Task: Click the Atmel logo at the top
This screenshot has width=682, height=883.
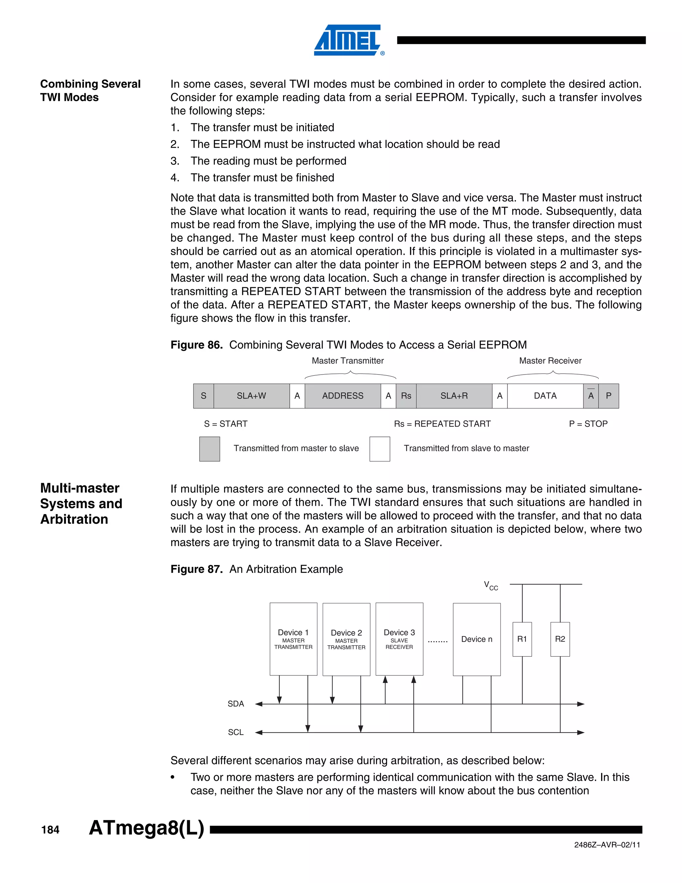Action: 348,40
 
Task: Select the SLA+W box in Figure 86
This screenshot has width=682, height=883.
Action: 251,396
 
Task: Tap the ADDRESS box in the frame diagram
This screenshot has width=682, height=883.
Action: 343,396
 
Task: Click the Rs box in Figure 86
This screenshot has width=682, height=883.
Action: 406,396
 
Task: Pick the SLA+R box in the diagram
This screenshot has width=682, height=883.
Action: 454,396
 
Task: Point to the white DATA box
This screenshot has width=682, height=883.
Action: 545,396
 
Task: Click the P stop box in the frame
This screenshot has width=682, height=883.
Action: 608,396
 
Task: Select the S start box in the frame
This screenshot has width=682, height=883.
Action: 203,396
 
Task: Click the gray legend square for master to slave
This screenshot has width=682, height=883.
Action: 210,449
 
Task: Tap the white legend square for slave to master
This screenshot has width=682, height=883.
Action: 380,449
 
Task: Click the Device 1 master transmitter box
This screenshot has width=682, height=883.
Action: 293,639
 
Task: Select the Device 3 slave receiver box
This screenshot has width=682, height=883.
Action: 399,639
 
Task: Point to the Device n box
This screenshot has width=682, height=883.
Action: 477,639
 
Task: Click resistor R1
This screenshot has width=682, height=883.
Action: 522,639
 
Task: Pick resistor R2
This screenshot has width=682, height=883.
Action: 560,639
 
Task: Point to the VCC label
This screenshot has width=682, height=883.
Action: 491,585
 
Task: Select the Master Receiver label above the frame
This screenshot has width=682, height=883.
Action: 550,361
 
